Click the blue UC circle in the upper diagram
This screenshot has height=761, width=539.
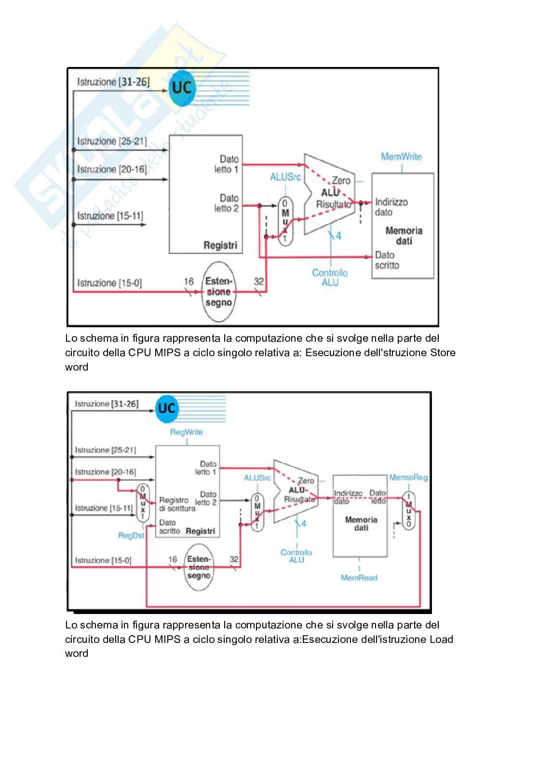point(182,88)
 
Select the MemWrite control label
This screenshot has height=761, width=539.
point(401,157)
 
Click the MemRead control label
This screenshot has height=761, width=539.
point(359,577)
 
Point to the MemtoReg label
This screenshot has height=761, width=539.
point(408,478)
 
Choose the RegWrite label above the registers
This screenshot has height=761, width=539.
point(186,432)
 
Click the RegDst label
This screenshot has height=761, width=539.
point(131,535)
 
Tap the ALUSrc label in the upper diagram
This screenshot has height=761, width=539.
point(285,177)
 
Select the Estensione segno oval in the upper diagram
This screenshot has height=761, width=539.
point(219,292)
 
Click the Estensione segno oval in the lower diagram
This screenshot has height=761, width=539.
point(199,567)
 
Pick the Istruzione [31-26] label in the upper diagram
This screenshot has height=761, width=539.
point(113,82)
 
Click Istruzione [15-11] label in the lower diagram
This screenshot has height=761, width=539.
point(104,508)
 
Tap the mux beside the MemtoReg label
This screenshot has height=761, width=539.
point(408,511)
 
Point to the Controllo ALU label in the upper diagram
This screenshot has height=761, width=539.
point(330,277)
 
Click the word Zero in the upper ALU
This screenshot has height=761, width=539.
point(341,181)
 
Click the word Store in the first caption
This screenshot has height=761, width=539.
point(442,352)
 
